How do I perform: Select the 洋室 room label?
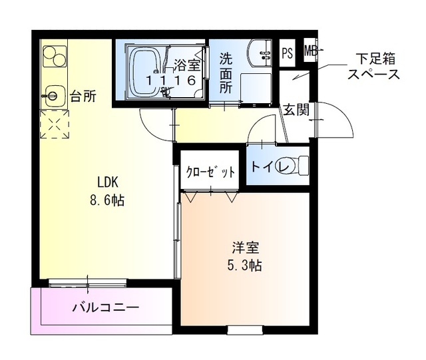[x=246, y=249]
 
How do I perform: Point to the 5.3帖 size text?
[x=246, y=265]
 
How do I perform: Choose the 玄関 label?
[x=295, y=110]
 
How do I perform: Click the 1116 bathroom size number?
[x=171, y=80]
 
